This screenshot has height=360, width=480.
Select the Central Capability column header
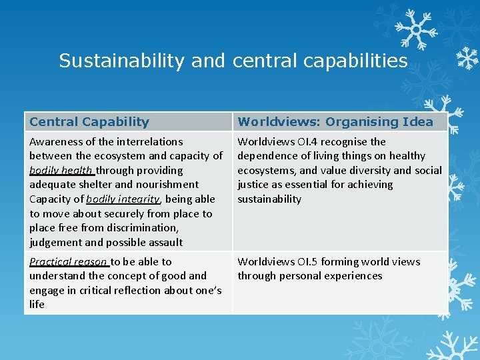(89, 121)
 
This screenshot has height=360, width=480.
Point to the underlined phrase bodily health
(61, 170)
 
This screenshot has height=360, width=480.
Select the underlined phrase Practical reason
(69, 261)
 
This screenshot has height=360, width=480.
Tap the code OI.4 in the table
(309, 141)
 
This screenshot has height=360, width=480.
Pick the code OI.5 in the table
(309, 261)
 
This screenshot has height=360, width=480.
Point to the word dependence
(267, 155)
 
